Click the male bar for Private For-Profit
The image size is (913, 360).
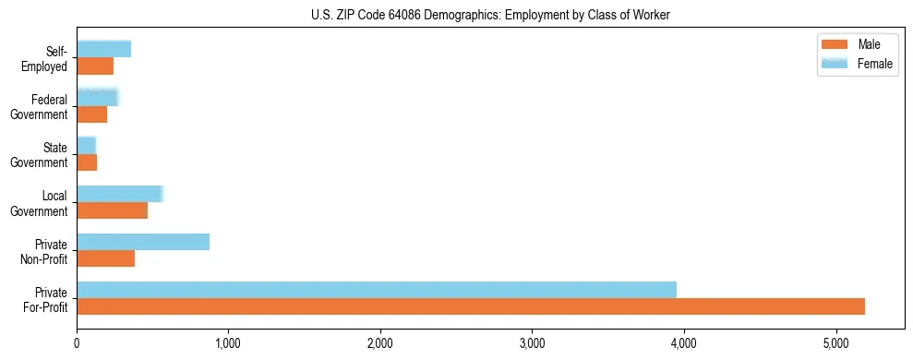(471, 306)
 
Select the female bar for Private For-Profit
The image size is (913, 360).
(377, 289)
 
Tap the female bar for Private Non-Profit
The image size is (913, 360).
(143, 241)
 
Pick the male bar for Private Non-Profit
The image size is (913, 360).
(106, 258)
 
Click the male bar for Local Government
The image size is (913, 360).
(113, 210)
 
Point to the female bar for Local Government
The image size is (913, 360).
(120, 193)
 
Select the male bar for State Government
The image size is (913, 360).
(87, 162)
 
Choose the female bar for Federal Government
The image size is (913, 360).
(98, 97)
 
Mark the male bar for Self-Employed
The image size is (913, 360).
(95, 66)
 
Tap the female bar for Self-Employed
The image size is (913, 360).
(104, 49)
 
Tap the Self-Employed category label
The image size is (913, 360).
(47, 58)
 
